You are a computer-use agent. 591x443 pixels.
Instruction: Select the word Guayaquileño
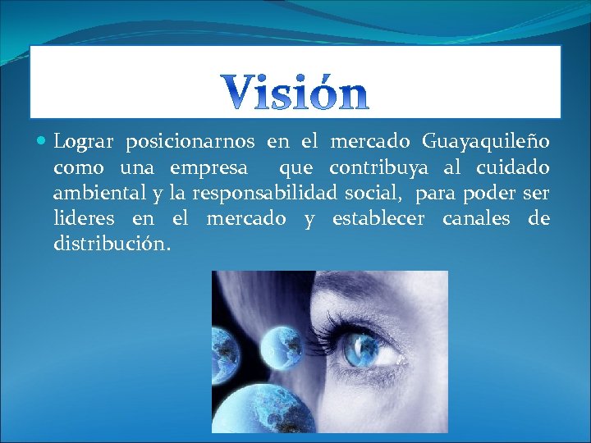click(486, 143)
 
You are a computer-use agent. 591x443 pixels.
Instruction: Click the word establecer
click(378, 219)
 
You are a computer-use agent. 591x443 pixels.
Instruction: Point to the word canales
click(478, 219)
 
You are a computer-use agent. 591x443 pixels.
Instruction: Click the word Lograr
click(83, 143)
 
